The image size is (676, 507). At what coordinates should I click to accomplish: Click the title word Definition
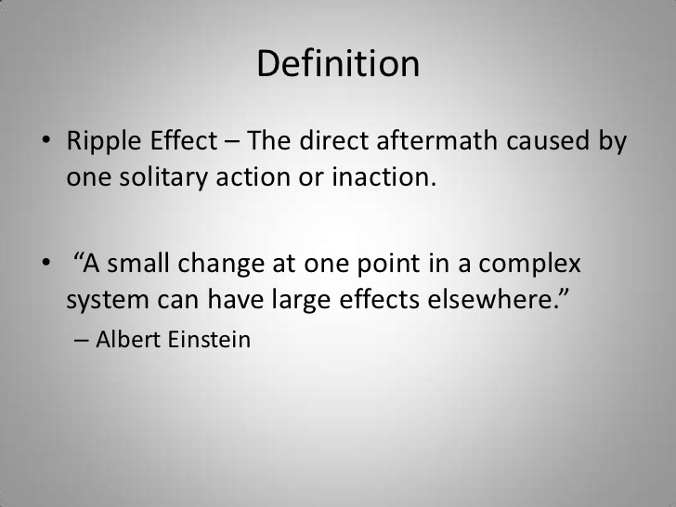(338, 63)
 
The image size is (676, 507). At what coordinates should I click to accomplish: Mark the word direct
(324, 143)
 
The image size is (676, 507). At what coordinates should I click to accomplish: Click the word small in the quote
(145, 264)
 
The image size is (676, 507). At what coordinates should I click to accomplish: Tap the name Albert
(128, 339)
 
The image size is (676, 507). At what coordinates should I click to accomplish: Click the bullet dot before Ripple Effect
(46, 144)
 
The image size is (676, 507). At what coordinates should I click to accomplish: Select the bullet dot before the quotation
(46, 265)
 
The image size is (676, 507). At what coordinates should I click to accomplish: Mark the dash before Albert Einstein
(81, 340)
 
